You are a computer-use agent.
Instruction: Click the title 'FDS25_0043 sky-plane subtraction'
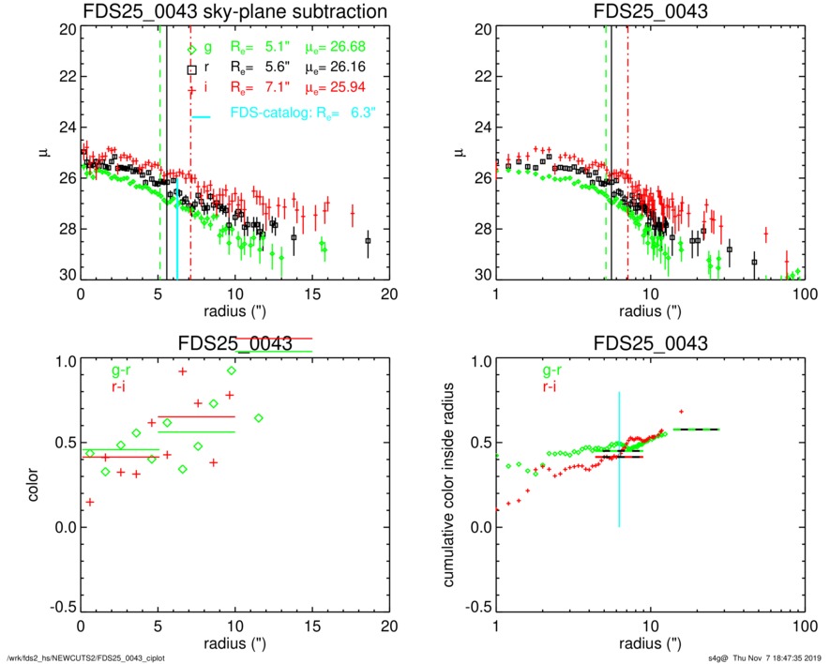[x=234, y=11]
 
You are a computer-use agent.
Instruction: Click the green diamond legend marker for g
[x=192, y=51]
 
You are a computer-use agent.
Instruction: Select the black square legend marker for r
[x=192, y=69]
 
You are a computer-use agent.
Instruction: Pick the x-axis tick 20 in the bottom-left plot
[x=389, y=626]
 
